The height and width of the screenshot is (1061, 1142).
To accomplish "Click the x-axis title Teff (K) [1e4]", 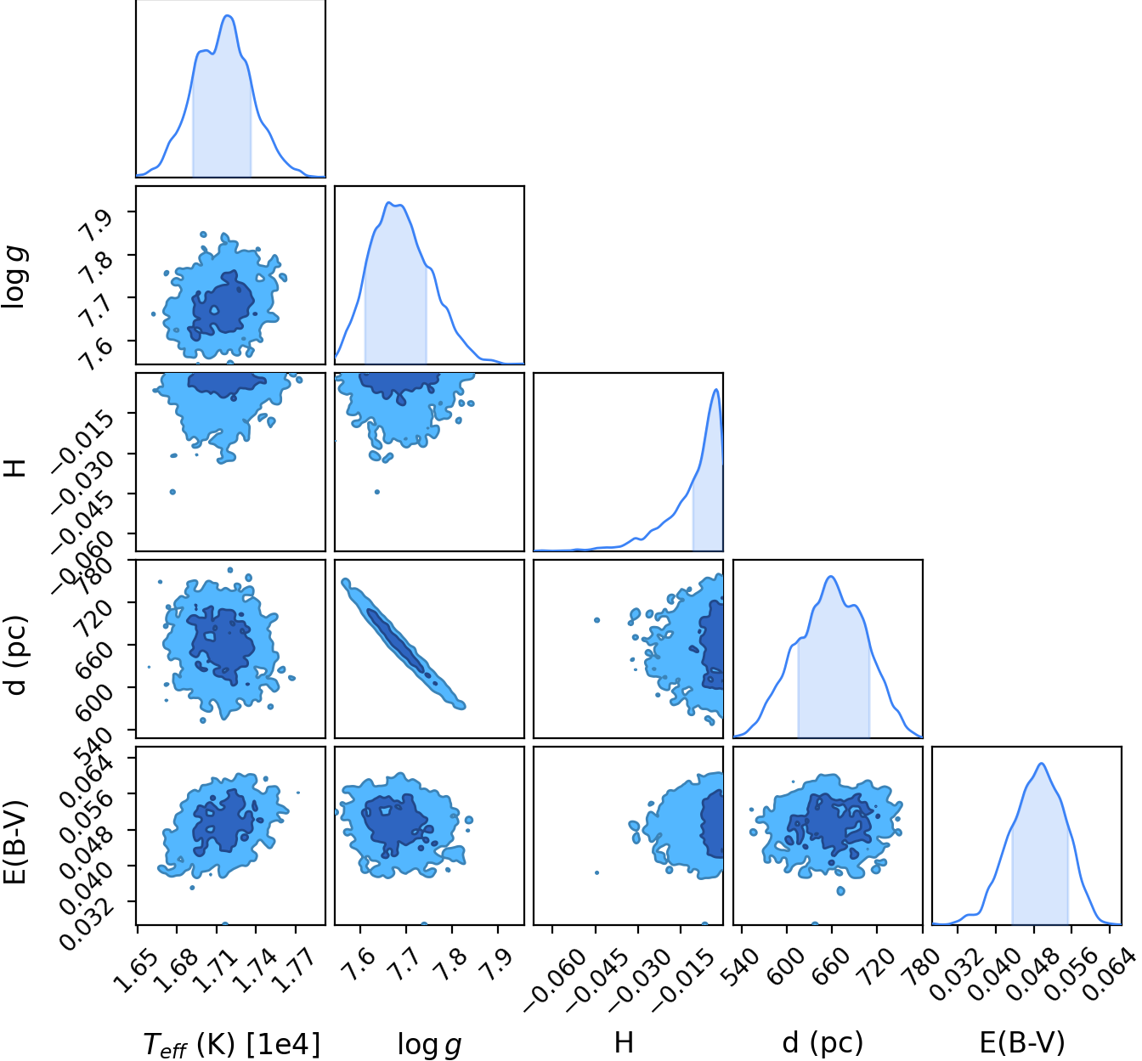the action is (231, 1044).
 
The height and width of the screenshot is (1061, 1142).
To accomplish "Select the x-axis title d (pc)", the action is (823, 1041).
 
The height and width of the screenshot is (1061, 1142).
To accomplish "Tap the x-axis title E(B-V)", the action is (1022, 1041).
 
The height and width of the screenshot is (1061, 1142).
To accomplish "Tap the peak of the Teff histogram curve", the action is (229, 15).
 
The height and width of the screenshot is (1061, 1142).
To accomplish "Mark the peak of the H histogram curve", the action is (716, 389).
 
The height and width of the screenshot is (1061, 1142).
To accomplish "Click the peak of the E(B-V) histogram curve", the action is (1042, 764).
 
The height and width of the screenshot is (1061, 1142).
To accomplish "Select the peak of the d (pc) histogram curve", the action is (831, 577).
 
